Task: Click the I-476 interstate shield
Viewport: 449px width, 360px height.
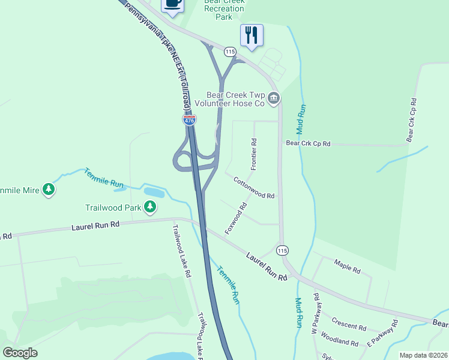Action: pyautogui.click(x=190, y=120)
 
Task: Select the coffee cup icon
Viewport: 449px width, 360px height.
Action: pyautogui.click(x=172, y=3)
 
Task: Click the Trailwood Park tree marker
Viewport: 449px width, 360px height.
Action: pyautogui.click(x=150, y=208)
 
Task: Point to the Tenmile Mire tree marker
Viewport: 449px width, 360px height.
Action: pyautogui.click(x=49, y=190)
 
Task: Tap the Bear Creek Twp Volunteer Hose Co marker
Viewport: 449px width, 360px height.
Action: pyautogui.click(x=274, y=98)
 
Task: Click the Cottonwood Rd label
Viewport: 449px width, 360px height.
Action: pyautogui.click(x=254, y=188)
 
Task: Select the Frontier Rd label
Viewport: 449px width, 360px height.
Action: pyautogui.click(x=254, y=154)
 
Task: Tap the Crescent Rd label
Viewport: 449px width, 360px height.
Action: pyautogui.click(x=349, y=324)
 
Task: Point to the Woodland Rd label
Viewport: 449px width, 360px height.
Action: pyautogui.click(x=339, y=338)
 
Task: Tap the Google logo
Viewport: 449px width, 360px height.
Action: pyautogui.click(x=20, y=353)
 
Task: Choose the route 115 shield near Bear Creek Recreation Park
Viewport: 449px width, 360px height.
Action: pyautogui.click(x=230, y=52)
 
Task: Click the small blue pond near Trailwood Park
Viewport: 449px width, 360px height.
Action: pyautogui.click(x=153, y=193)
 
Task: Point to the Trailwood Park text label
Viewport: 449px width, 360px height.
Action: pyautogui.click(x=113, y=208)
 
